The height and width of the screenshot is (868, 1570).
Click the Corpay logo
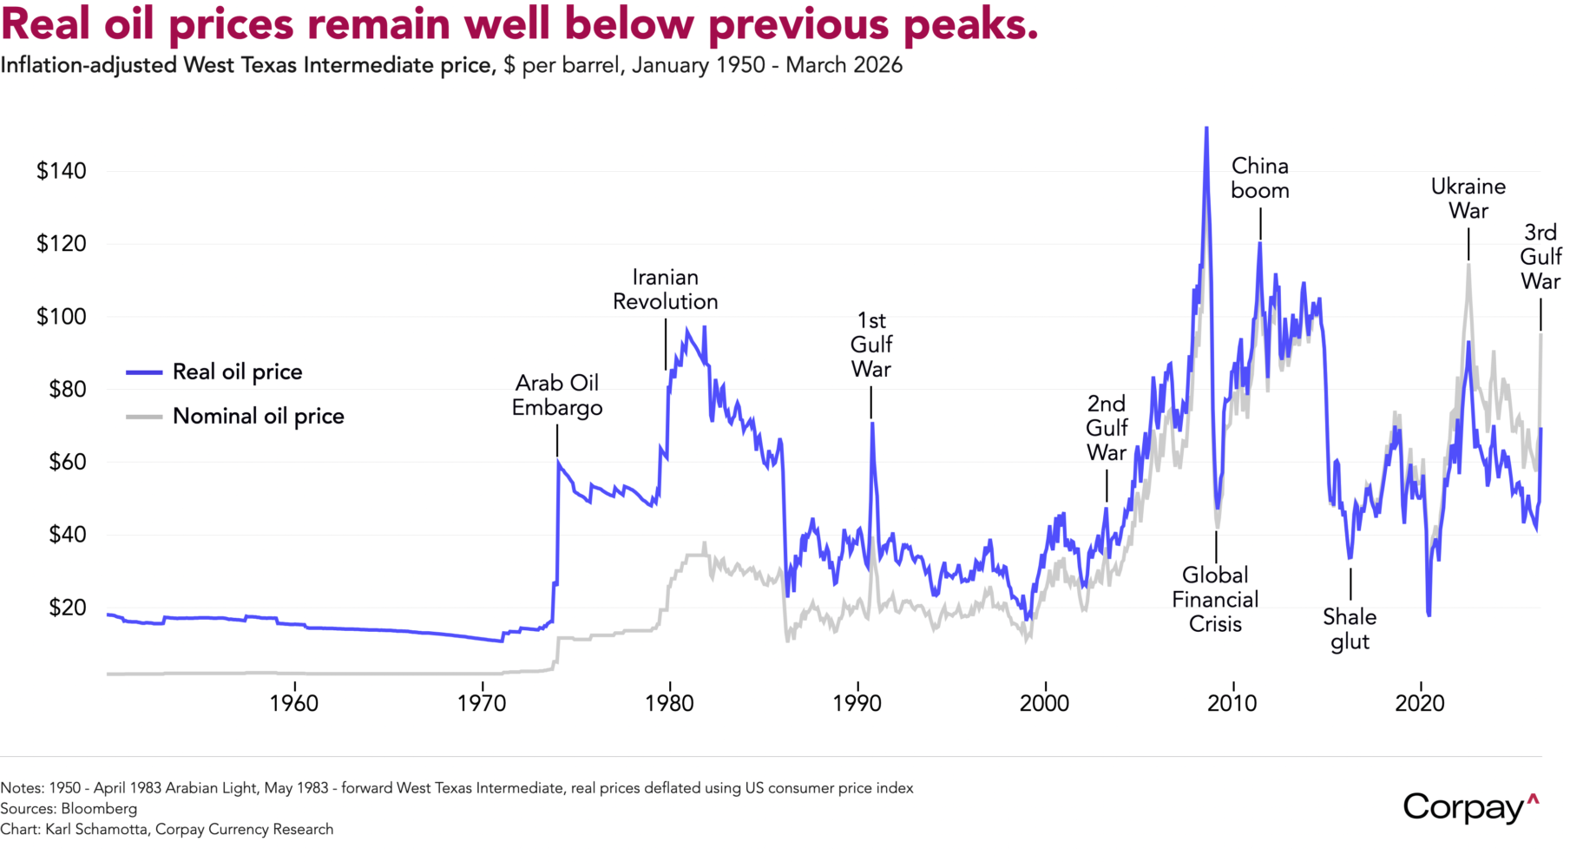click(1470, 808)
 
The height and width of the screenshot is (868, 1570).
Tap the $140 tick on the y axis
click(62, 171)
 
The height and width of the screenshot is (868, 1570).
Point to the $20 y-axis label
click(62, 608)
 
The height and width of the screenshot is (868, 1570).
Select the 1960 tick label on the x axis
click(294, 703)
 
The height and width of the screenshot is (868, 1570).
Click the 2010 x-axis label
click(1232, 703)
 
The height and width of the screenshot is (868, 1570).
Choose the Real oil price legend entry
click(237, 372)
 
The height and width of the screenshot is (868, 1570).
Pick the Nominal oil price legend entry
click(258, 417)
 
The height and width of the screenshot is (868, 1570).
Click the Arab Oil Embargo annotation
click(557, 396)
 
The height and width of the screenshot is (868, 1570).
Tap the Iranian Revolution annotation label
click(666, 290)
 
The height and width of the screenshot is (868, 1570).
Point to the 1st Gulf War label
click(871, 345)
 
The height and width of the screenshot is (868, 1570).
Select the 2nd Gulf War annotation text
click(1107, 429)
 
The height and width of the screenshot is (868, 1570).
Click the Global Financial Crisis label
click(1215, 600)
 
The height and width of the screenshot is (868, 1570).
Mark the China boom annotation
click(1260, 179)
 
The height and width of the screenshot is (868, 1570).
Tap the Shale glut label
click(1350, 629)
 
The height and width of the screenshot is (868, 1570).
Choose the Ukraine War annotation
click(1468, 199)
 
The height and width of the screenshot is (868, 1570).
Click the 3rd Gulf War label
click(1540, 257)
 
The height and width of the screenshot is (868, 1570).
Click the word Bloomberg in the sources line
click(99, 809)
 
